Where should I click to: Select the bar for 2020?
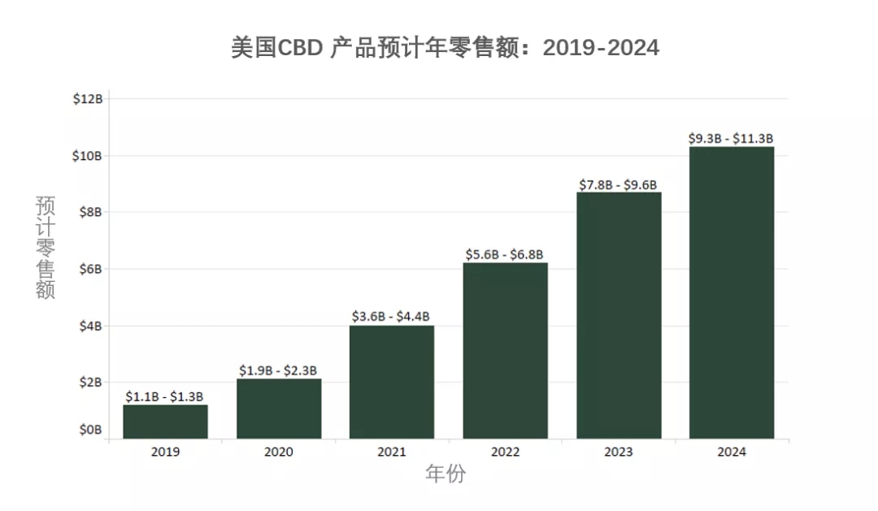coord(279,409)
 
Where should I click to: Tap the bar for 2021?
coord(392,382)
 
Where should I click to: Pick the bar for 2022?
coord(505,351)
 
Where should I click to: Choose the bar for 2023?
coord(619,315)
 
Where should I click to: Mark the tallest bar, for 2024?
coord(732,292)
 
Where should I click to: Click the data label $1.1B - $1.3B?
coord(164,396)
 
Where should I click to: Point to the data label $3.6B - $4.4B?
coord(391,317)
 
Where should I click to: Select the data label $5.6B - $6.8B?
coord(504,254)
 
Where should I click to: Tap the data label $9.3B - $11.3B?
coord(731,139)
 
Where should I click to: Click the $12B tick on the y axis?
coord(88,99)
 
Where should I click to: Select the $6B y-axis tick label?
coord(90,269)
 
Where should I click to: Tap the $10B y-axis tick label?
coord(88,156)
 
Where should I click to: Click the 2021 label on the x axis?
coord(392,453)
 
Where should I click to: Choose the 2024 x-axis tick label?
coord(732,453)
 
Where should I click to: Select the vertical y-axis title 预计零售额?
coord(46,247)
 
